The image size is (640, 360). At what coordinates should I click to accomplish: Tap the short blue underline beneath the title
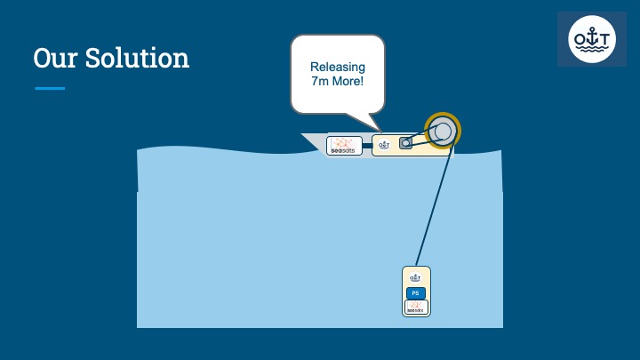tap(50, 88)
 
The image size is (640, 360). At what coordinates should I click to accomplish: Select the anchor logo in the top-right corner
tap(591, 40)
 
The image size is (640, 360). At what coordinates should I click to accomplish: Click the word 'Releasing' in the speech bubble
tap(337, 67)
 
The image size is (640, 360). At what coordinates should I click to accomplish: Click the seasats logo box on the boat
tap(344, 146)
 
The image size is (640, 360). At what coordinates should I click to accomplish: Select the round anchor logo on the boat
tap(384, 144)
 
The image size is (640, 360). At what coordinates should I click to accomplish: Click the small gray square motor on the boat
tap(406, 142)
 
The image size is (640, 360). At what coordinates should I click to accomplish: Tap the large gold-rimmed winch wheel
tap(443, 132)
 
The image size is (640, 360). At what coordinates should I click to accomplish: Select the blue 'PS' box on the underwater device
tap(416, 293)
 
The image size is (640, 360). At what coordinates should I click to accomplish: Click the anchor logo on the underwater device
tap(416, 278)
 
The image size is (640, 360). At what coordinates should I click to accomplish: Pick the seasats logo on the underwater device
tap(416, 308)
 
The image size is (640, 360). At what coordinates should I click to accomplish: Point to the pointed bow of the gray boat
tap(308, 138)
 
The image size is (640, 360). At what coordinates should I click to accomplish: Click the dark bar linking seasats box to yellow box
tap(366, 144)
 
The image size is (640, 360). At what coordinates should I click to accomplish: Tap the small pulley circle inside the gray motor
tap(406, 142)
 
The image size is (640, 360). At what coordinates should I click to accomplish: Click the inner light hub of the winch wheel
tap(443, 132)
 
